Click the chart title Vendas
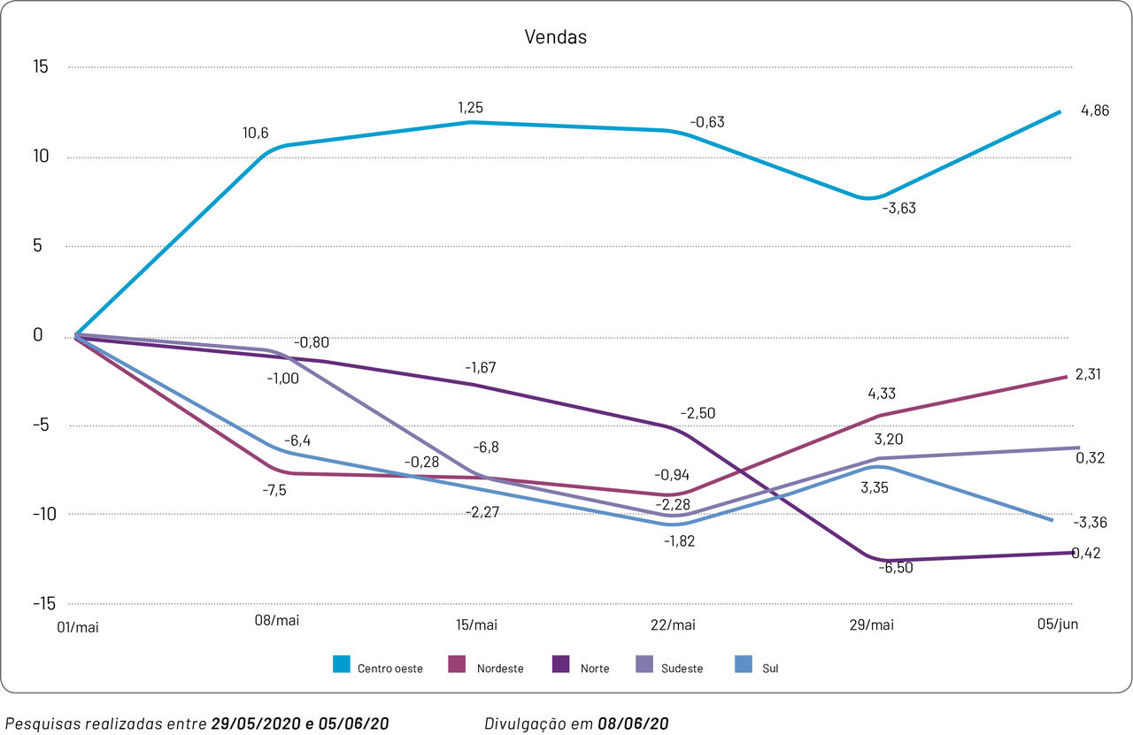tap(556, 37)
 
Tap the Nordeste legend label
tap(500, 669)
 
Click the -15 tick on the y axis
tap(43, 604)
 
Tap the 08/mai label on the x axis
tap(277, 621)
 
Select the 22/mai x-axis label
tap(673, 625)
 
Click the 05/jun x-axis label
tap(1058, 624)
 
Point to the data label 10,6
tap(256, 134)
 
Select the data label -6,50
tap(895, 568)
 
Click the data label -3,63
tap(898, 208)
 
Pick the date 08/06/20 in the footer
tap(633, 724)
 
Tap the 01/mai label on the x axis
tap(77, 627)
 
